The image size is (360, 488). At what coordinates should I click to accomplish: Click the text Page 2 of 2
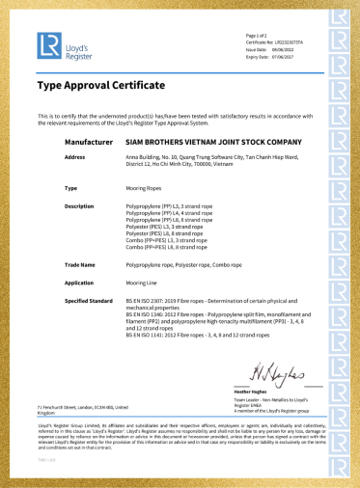click(x=257, y=36)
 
